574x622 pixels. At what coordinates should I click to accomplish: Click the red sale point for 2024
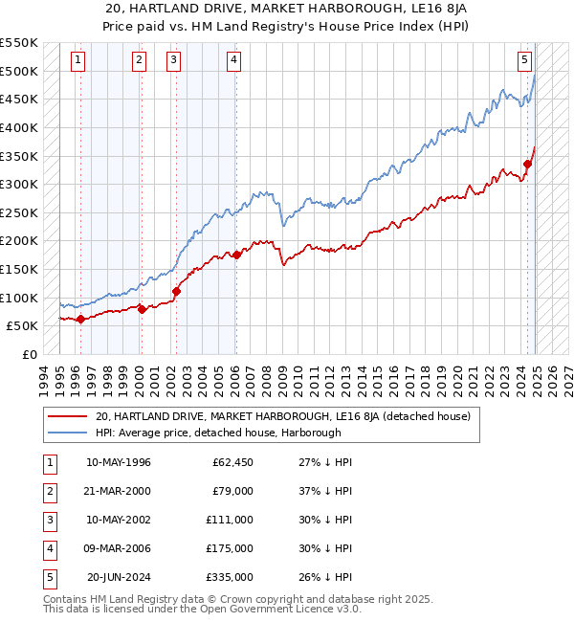[527, 164]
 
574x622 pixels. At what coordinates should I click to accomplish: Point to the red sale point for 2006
[236, 255]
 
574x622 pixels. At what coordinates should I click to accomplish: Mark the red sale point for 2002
[176, 291]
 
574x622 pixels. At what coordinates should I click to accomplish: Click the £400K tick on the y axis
[19, 127]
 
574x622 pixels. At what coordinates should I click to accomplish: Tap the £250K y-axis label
[19, 212]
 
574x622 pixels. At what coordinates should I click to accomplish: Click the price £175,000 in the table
[232, 548]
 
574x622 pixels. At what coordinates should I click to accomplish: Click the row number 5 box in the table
[47, 577]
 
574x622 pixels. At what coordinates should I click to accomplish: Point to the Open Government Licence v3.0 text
[273, 609]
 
